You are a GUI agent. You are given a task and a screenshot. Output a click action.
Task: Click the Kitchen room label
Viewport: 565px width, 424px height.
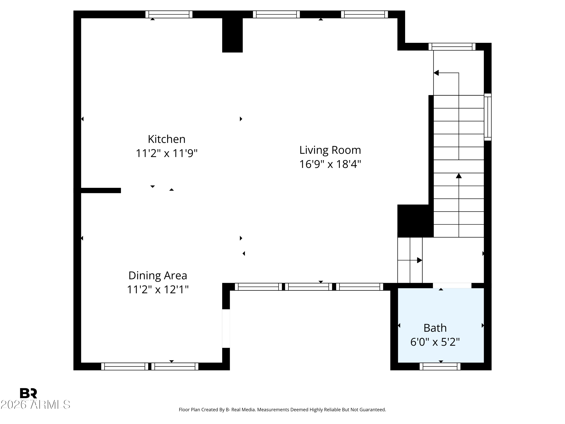coord(166,139)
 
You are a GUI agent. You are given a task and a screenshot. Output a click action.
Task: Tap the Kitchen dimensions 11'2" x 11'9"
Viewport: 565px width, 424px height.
coord(166,153)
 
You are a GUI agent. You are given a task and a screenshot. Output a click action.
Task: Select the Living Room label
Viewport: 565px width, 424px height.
coord(330,150)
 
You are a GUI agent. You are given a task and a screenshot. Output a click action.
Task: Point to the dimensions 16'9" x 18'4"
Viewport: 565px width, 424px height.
coord(330,164)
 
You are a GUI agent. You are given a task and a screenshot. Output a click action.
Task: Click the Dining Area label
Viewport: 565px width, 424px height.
coord(158,276)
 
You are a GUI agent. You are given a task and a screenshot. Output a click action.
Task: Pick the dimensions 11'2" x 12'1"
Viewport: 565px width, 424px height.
coord(158,290)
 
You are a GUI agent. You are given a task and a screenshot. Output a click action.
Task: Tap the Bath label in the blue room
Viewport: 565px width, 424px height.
coord(435,328)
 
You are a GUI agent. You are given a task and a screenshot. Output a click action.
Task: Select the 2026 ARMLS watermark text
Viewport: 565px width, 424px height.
coord(35,405)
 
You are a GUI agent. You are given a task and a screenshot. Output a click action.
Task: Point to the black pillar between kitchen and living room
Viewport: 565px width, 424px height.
coord(232,35)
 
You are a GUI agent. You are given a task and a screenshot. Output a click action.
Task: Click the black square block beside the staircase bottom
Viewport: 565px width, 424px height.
coord(413,221)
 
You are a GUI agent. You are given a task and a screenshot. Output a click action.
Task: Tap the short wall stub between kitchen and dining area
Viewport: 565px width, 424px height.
coord(101,190)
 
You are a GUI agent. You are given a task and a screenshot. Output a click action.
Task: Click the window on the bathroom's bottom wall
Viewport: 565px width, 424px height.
coord(440,367)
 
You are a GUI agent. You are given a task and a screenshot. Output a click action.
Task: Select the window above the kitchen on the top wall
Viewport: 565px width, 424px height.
coord(169,14)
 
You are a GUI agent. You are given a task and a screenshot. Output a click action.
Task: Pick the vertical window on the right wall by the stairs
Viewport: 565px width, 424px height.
coord(488,117)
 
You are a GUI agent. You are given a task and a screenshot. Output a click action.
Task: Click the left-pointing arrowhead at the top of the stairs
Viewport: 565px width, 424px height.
coord(436,73)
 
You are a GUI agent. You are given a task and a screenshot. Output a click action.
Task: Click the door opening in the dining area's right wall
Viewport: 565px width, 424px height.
coord(226,328)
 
